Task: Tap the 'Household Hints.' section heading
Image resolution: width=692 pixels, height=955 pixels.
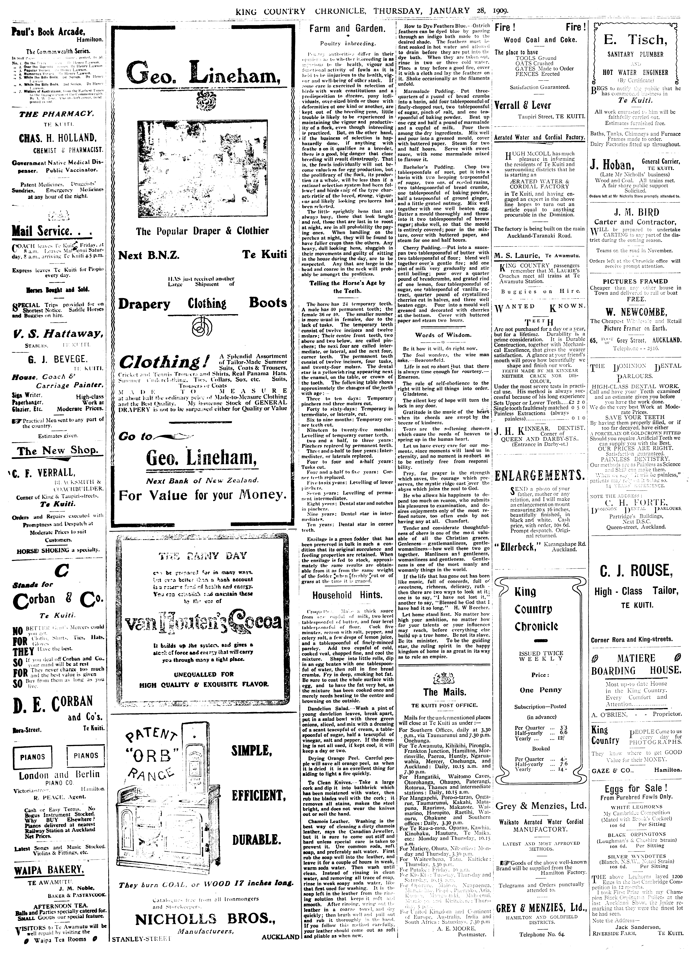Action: (x=347, y=595)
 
